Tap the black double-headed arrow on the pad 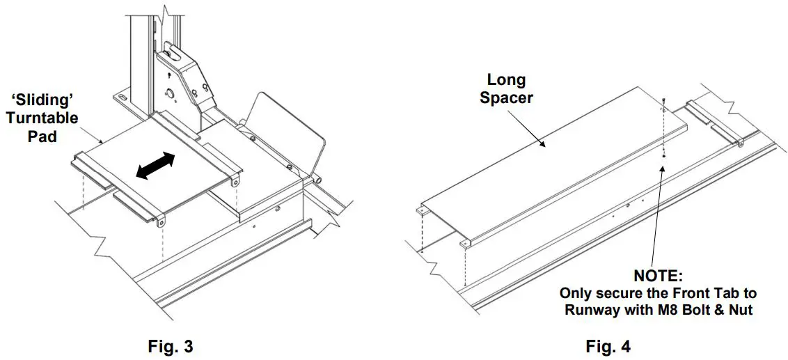tap(155, 168)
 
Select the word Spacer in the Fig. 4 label tap(506, 97)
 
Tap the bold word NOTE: tap(658, 276)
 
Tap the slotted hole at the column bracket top tap(172, 51)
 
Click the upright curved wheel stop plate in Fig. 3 tap(287, 132)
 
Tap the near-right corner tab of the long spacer tap(464, 243)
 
